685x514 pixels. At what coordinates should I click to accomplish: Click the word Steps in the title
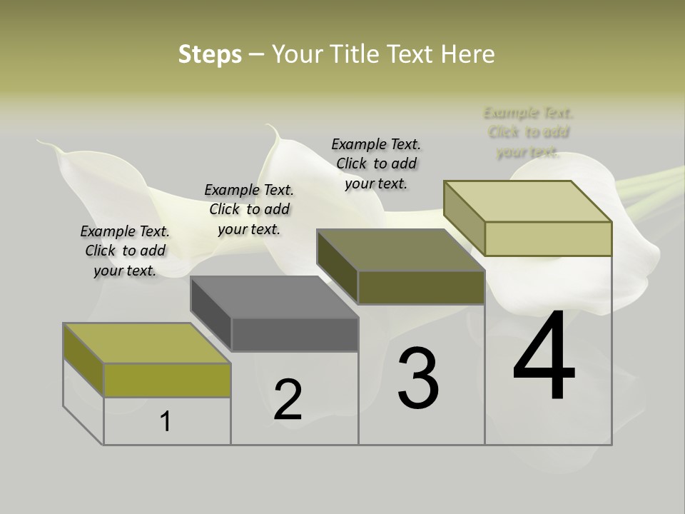pos(210,54)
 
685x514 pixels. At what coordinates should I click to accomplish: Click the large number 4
pos(544,357)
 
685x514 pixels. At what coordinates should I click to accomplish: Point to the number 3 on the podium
pos(418,378)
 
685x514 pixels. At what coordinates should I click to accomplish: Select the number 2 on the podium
pos(288,400)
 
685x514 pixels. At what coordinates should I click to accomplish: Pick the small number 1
pos(166,422)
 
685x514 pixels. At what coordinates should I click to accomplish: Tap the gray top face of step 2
pos(275,297)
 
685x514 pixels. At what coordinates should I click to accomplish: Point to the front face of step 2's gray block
pos(295,335)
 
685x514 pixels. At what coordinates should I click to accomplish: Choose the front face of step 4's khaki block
pos(548,238)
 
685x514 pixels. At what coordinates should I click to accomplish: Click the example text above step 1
pos(125,251)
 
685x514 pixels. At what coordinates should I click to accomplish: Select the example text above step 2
pos(249,209)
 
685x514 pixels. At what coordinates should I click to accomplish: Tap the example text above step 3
pos(376,163)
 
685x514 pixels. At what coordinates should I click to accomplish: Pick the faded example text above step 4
pos(528,132)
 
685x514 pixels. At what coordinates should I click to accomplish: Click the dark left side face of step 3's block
pos(337,267)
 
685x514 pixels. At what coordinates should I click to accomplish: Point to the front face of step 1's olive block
pos(167,380)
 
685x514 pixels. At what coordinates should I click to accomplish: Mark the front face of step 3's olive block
pos(421,287)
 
